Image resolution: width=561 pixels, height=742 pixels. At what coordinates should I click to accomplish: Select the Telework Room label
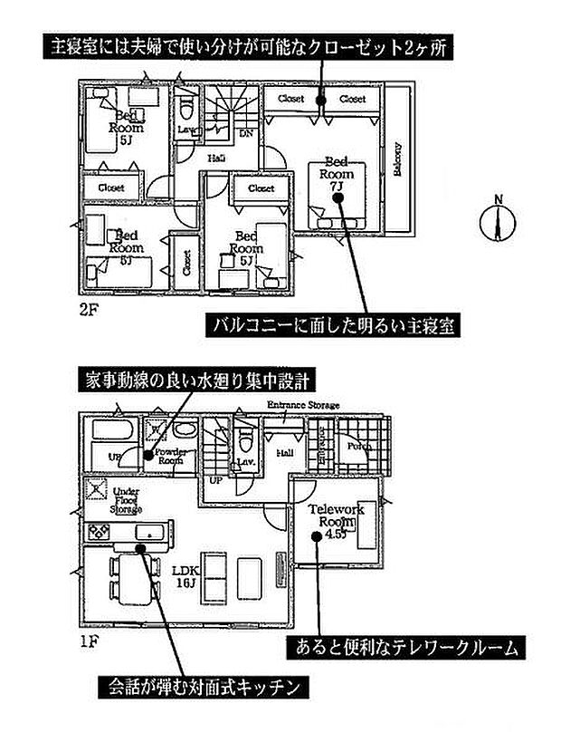(x=336, y=516)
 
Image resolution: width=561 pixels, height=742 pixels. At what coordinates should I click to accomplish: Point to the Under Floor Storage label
(x=126, y=499)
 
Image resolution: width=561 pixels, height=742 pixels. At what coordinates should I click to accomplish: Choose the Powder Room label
(x=170, y=455)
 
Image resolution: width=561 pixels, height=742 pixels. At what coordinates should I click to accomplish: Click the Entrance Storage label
(x=302, y=404)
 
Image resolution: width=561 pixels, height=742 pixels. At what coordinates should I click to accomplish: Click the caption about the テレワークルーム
(x=405, y=647)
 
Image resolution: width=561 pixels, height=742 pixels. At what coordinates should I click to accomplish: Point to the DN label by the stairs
(x=244, y=132)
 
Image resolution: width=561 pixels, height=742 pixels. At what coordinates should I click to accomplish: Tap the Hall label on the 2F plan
(x=216, y=158)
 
